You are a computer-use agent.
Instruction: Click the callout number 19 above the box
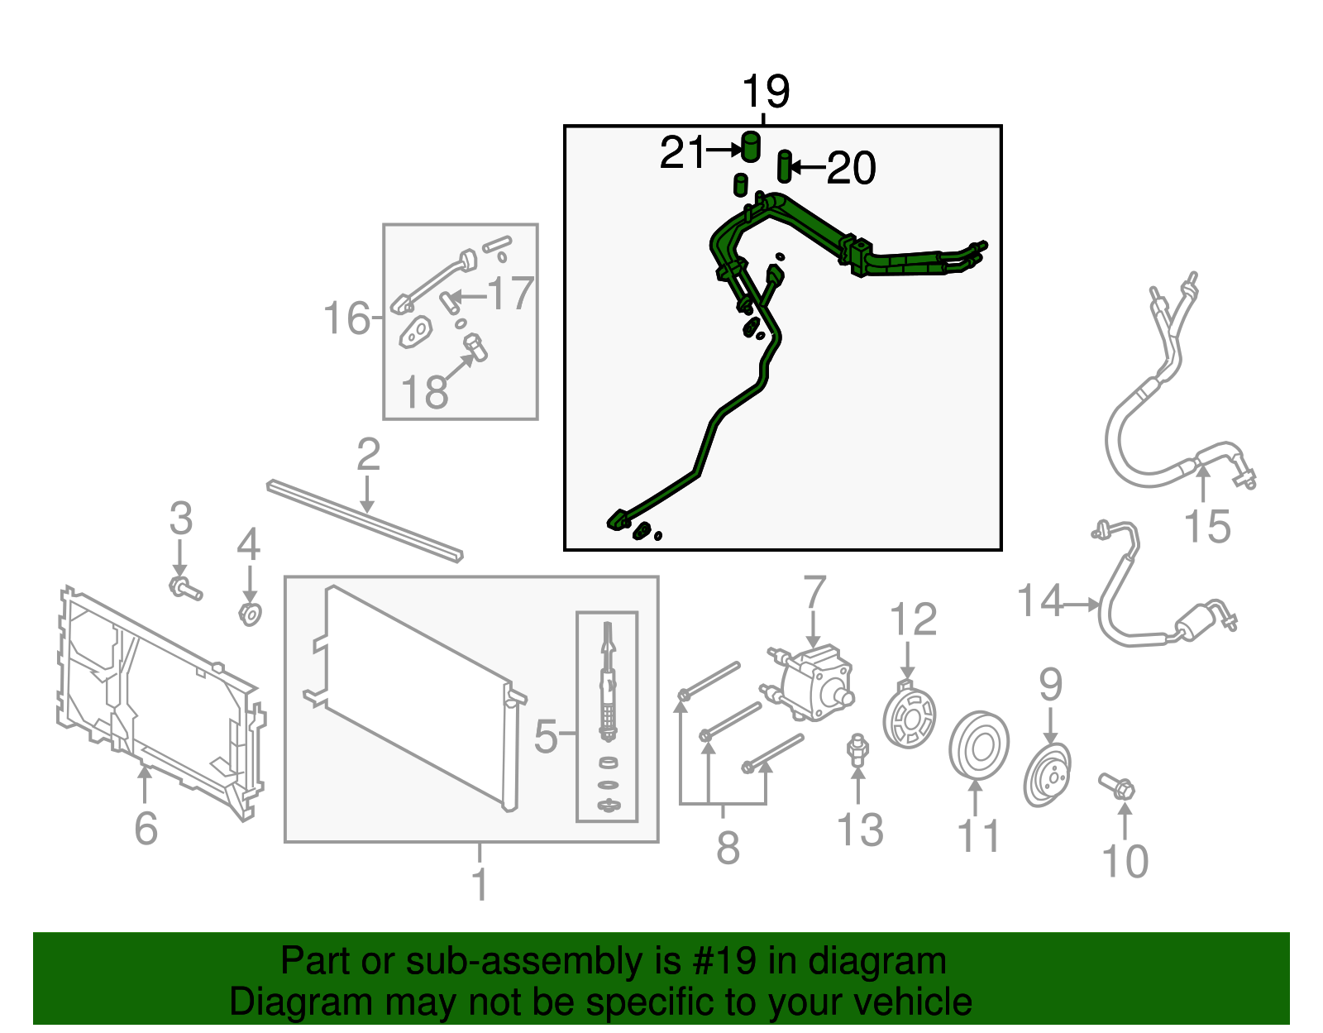point(766,91)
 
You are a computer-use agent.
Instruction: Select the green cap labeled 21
point(752,146)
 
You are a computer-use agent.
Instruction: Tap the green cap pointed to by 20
point(785,166)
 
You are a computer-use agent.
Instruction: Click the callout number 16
point(346,318)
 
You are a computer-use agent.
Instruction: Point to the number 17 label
point(511,293)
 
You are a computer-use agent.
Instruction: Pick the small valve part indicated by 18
point(475,347)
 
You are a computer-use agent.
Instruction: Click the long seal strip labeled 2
point(365,520)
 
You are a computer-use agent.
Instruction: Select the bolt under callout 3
point(185,588)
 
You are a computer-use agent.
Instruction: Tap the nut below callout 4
point(250,615)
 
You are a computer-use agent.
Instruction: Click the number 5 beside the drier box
point(546,736)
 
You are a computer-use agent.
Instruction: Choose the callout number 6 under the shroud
point(146,828)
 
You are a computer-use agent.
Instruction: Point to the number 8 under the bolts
point(728,847)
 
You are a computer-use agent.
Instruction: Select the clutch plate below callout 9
point(1047,774)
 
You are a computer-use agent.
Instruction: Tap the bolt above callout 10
point(1117,787)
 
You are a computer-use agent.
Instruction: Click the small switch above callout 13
point(857,748)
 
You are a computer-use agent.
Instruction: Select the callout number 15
point(1207,526)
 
